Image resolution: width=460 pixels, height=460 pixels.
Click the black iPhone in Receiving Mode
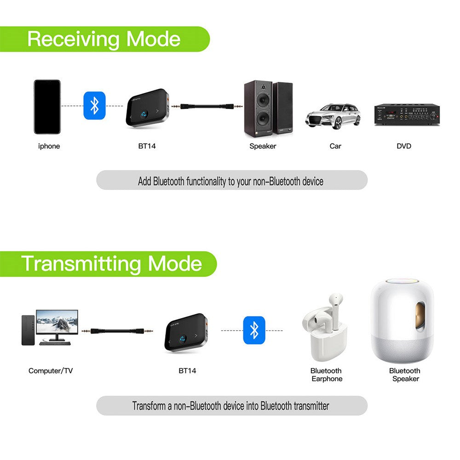[x=47, y=107]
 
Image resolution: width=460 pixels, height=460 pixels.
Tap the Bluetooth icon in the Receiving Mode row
[x=94, y=105]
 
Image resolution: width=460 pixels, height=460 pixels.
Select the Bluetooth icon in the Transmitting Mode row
[x=254, y=330]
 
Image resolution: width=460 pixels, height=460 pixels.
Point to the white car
[x=333, y=116]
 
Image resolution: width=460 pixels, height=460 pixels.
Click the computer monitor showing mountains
[x=57, y=324]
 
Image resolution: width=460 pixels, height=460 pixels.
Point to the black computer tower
[x=28, y=330]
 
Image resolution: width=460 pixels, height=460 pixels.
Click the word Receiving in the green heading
[x=74, y=39]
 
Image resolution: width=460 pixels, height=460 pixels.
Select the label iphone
[x=49, y=146]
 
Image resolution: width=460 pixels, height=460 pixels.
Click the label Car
[x=335, y=146]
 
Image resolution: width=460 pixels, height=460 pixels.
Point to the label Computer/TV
[x=51, y=371]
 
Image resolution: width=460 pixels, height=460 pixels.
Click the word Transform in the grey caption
[x=149, y=406]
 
